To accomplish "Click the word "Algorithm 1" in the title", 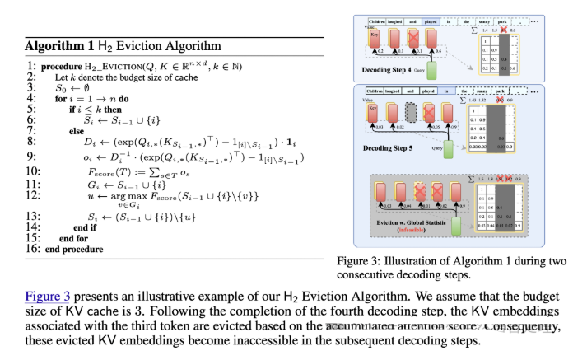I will pyautogui.click(x=59, y=45).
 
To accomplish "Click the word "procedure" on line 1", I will pyautogui.click(x=59, y=66).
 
